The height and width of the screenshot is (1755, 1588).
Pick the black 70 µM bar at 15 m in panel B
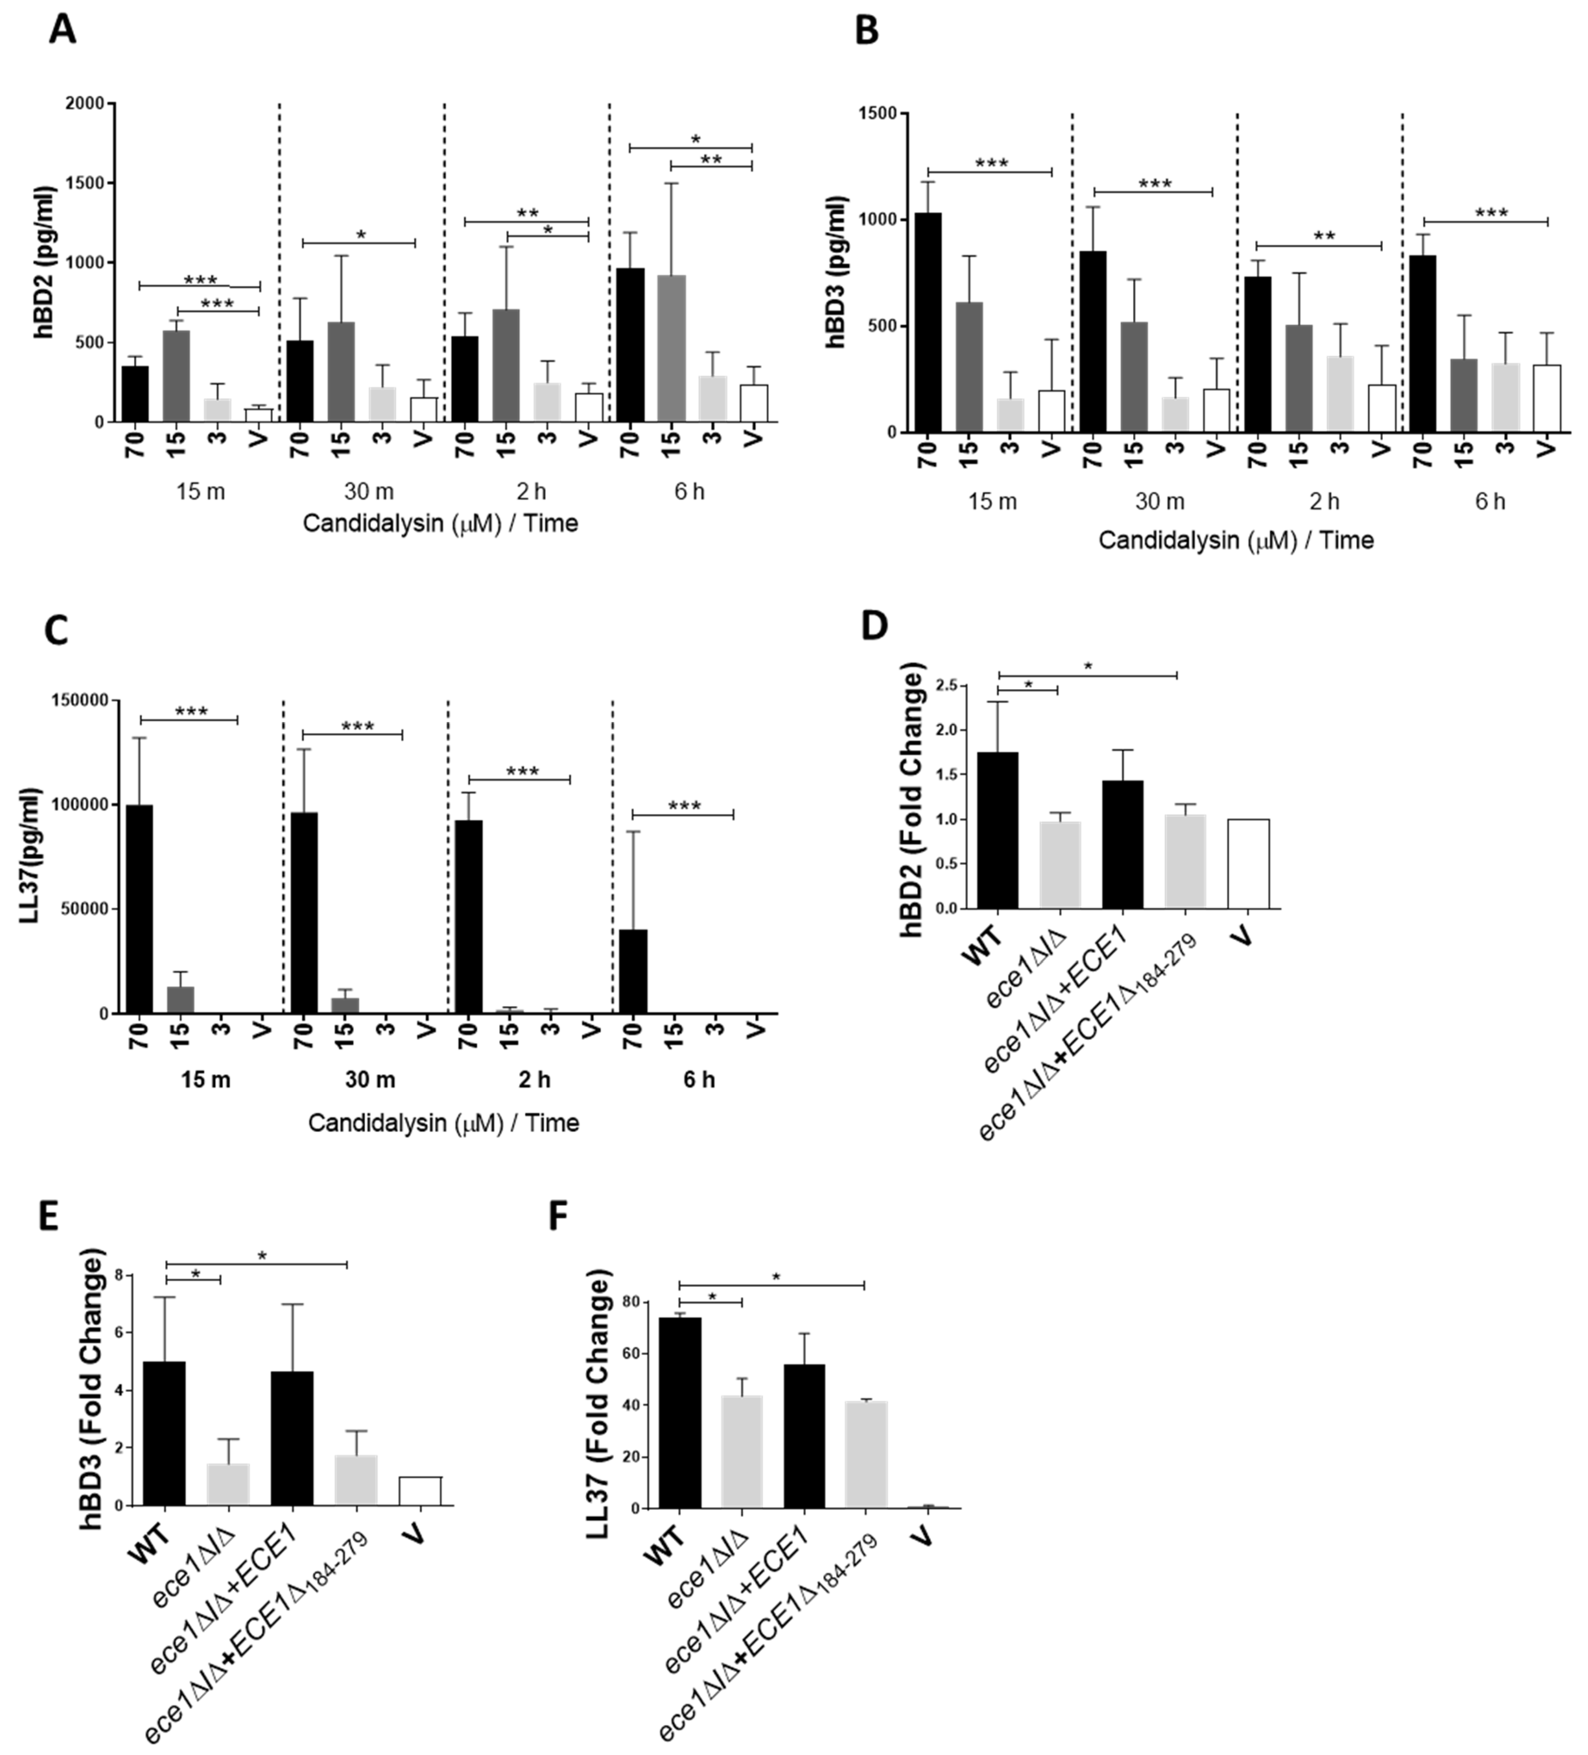(928, 322)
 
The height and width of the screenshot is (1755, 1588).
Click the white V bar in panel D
(1248, 864)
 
